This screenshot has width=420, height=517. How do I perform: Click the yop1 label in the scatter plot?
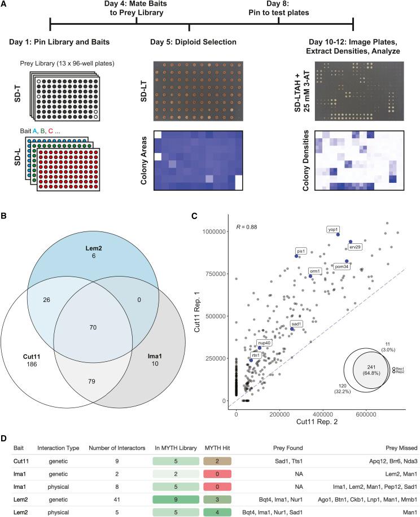[x=332, y=230]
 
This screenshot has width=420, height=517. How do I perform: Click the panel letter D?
[x=5, y=438]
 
